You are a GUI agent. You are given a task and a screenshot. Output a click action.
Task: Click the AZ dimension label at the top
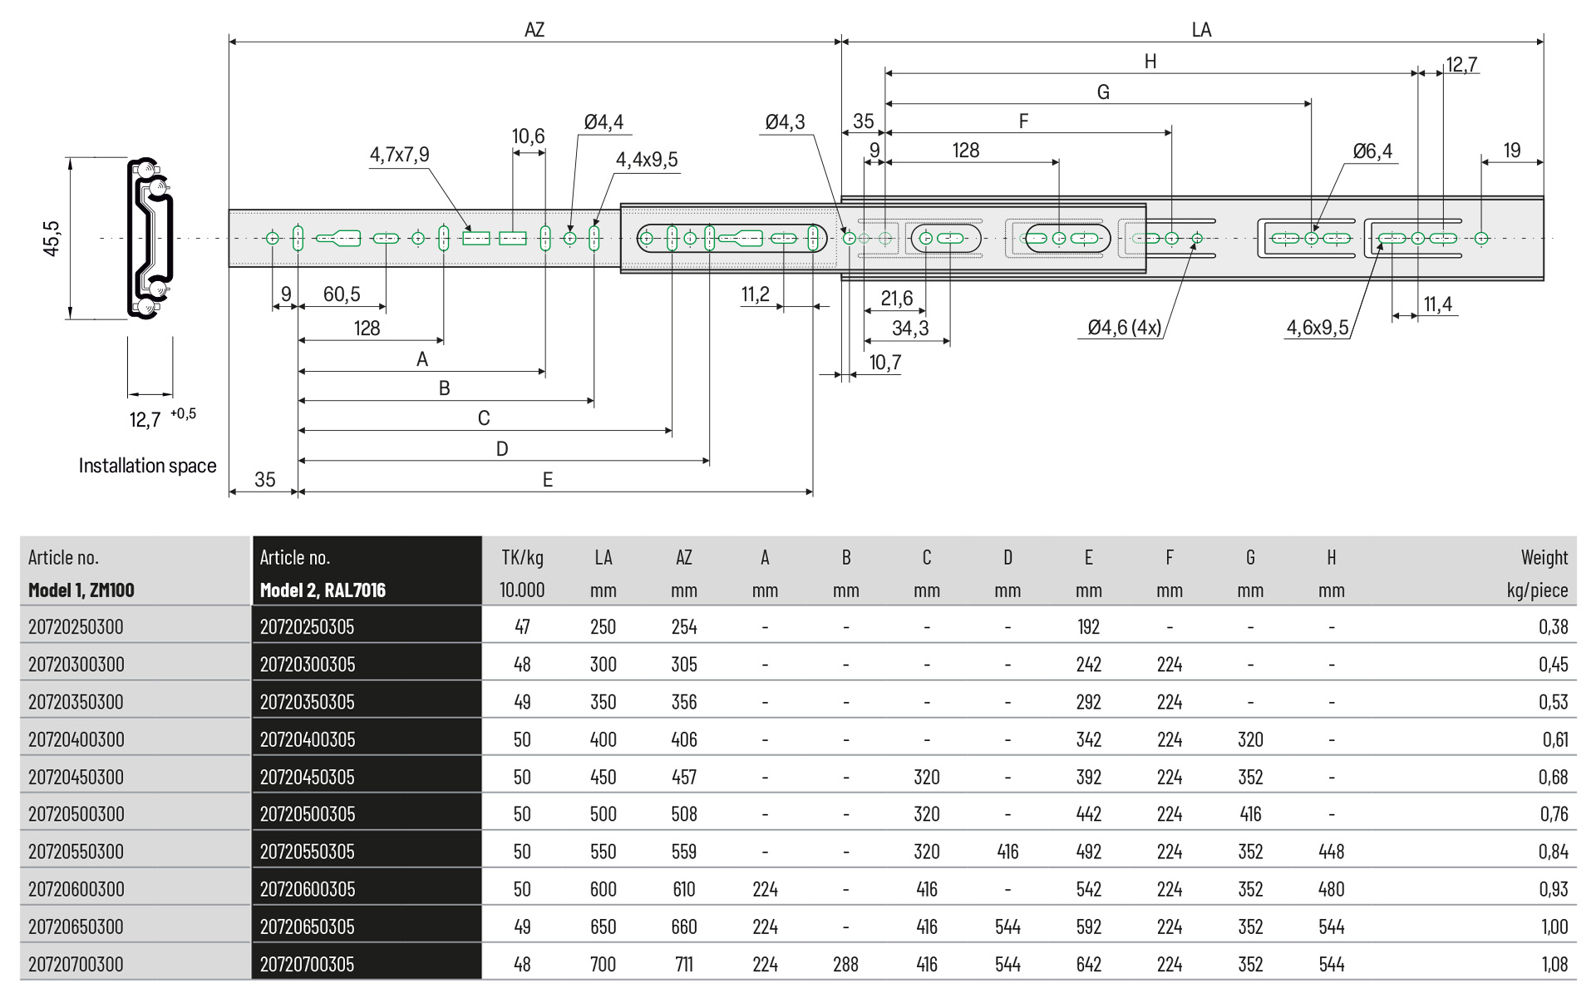tap(534, 30)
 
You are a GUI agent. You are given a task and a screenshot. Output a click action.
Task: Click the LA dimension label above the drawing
tap(1201, 30)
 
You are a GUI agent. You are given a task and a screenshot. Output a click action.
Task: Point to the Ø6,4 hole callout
tap(1372, 151)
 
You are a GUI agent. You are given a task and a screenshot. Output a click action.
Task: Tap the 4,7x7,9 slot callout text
tap(399, 155)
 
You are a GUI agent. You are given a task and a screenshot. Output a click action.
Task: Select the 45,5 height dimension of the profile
tap(52, 239)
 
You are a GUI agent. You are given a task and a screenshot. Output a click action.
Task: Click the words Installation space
tap(147, 466)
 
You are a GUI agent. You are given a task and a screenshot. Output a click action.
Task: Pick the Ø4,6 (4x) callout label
tap(1124, 328)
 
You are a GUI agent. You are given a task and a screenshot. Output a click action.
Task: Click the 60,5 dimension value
tap(342, 294)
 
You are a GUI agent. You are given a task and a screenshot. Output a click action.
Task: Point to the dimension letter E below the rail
tap(547, 480)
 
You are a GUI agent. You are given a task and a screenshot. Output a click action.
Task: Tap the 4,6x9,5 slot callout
tap(1318, 328)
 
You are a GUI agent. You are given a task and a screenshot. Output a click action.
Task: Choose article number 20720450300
tap(76, 777)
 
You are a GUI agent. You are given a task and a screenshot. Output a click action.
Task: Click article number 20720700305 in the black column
tap(307, 964)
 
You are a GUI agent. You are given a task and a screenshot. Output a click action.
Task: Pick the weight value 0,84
tap(1553, 852)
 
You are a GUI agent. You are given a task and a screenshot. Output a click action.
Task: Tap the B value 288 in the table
tap(845, 964)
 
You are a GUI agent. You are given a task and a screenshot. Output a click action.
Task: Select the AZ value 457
tap(684, 777)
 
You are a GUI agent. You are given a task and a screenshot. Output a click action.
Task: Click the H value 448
tap(1331, 852)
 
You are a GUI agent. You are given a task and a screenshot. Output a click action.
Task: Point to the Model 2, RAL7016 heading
tap(323, 590)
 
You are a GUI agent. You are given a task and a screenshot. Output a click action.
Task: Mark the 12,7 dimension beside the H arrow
tap(1461, 65)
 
